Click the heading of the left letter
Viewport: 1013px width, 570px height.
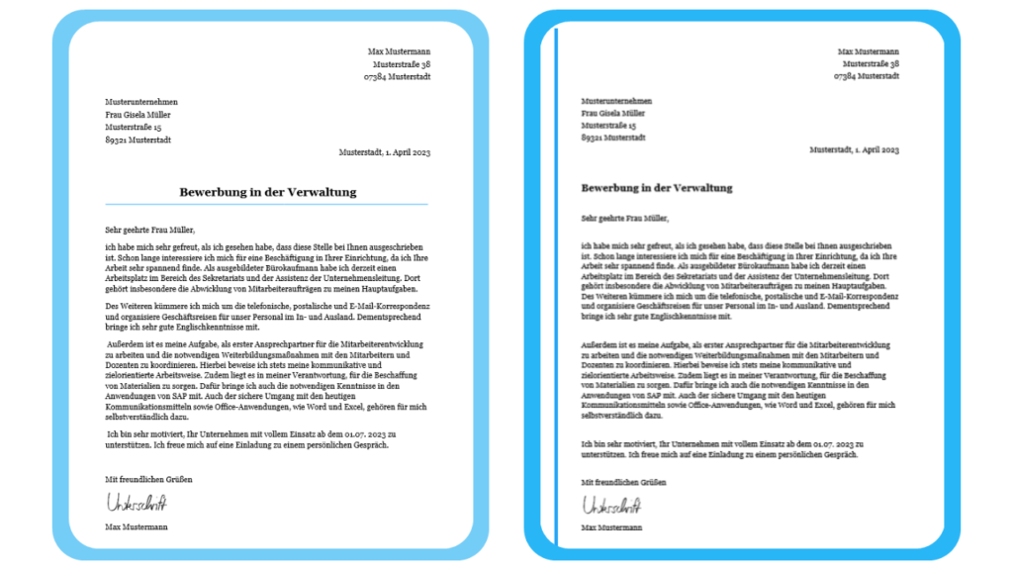[x=268, y=192]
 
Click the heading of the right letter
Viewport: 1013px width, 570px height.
[x=657, y=187]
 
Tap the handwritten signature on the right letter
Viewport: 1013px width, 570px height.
[x=611, y=506]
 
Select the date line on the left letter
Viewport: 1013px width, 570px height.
[x=385, y=152]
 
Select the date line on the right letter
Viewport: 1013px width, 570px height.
[x=854, y=149]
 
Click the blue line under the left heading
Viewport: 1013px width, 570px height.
[x=268, y=205]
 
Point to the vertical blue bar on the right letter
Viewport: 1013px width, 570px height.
[x=557, y=287]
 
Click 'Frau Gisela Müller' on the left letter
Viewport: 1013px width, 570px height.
[x=139, y=114]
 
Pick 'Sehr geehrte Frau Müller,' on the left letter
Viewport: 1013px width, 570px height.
[x=143, y=230]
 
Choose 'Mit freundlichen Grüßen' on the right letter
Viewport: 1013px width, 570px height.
[x=622, y=482]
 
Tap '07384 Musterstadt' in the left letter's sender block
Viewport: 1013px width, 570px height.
[x=397, y=76]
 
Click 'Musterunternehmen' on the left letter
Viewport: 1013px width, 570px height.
[x=141, y=101]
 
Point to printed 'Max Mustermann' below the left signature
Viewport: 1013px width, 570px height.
[x=136, y=526]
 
